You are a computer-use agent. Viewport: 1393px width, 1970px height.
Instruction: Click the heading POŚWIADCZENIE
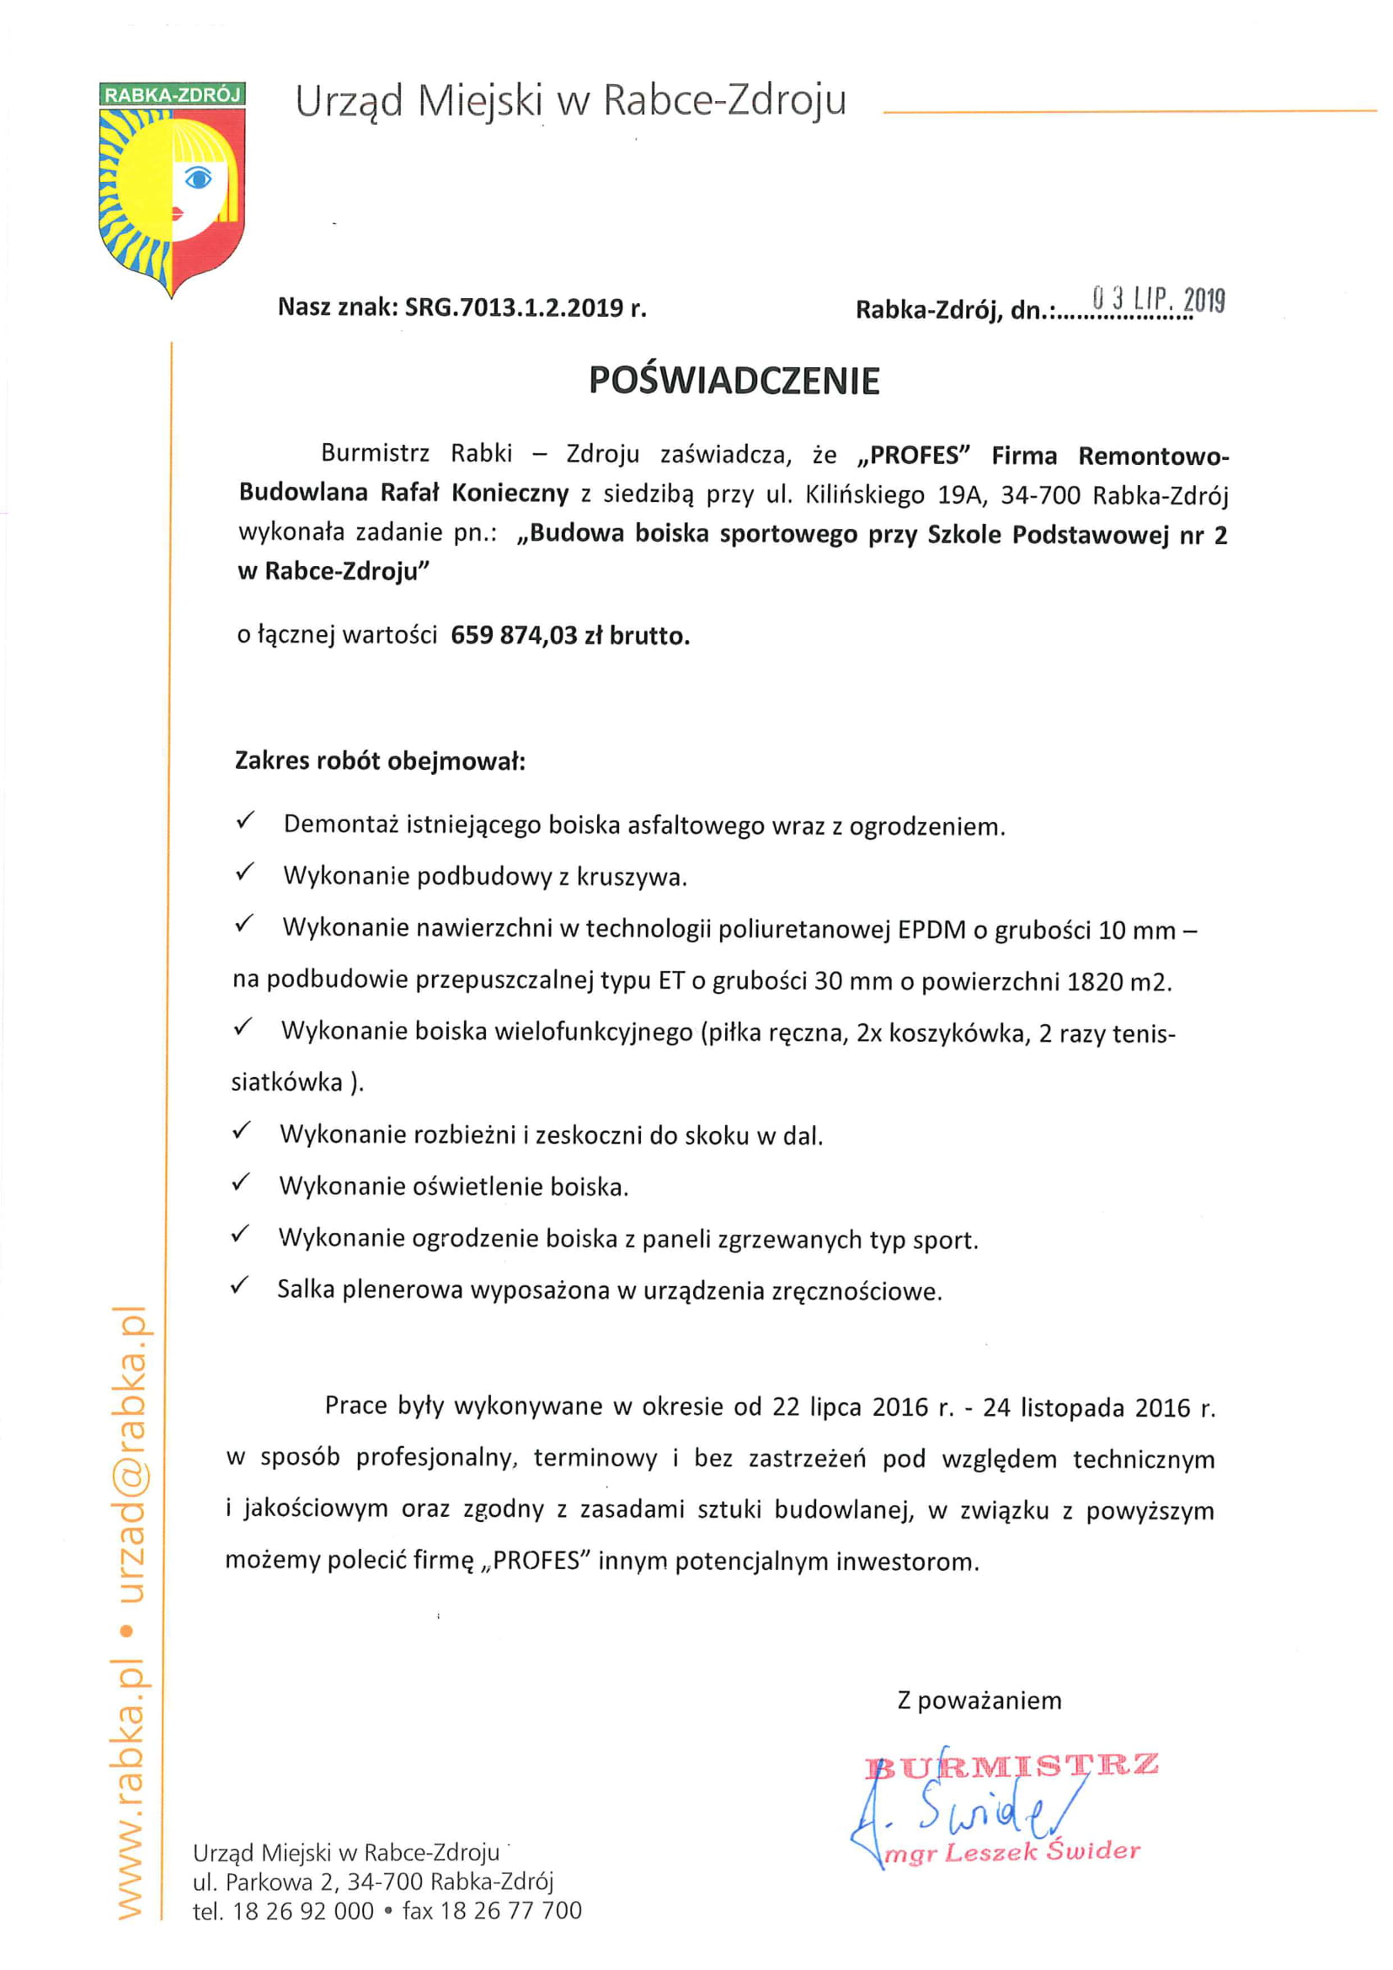pyautogui.click(x=734, y=381)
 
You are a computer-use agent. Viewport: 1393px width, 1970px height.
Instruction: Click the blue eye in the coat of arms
pyautogui.click(x=199, y=178)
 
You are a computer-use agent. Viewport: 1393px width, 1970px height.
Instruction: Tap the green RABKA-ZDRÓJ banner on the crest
pyautogui.click(x=173, y=94)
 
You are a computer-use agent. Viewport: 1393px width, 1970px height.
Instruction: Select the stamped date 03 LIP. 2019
pyautogui.click(x=1158, y=300)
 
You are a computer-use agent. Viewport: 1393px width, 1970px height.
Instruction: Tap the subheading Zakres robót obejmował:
pyautogui.click(x=380, y=761)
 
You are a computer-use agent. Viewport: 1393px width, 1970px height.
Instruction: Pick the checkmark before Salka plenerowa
pyautogui.click(x=239, y=1285)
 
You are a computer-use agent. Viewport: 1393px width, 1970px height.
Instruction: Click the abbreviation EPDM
pyautogui.click(x=931, y=930)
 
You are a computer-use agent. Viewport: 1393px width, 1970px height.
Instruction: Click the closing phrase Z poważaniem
pyautogui.click(x=979, y=1700)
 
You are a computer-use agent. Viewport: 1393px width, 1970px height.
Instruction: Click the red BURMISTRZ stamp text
pyautogui.click(x=1012, y=1767)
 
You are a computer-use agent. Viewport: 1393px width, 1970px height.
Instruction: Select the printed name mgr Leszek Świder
pyautogui.click(x=1012, y=1852)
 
